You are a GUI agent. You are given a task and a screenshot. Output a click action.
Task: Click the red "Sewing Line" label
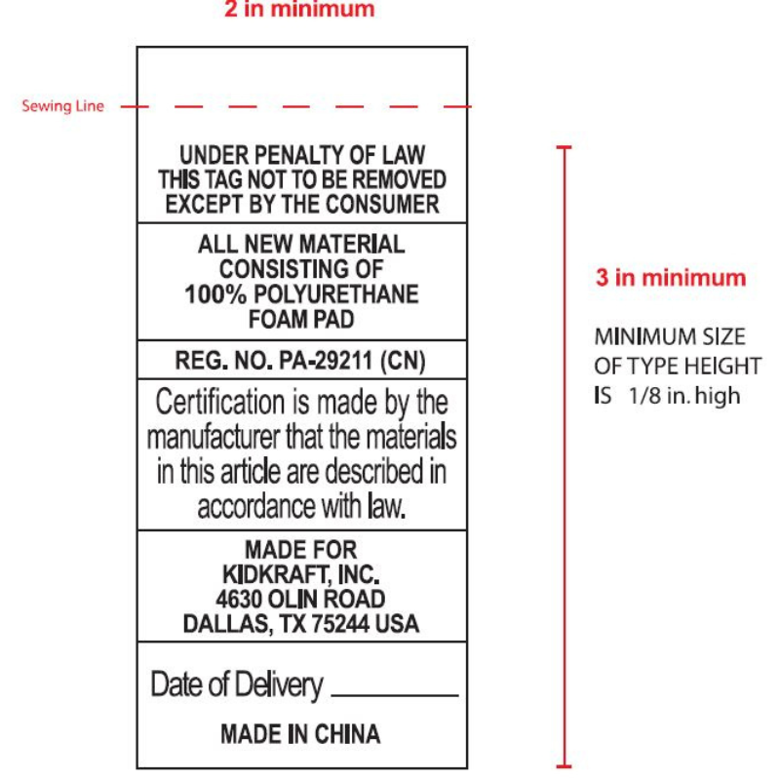(x=62, y=105)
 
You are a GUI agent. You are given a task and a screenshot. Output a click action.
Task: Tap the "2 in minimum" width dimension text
(x=299, y=10)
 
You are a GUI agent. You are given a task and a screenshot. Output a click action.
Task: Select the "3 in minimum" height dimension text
(x=671, y=278)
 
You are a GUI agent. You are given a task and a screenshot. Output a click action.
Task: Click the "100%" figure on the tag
(x=210, y=294)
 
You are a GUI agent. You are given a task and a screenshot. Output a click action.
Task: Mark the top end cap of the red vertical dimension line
(x=564, y=147)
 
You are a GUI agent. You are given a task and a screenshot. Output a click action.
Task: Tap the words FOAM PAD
(x=300, y=320)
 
